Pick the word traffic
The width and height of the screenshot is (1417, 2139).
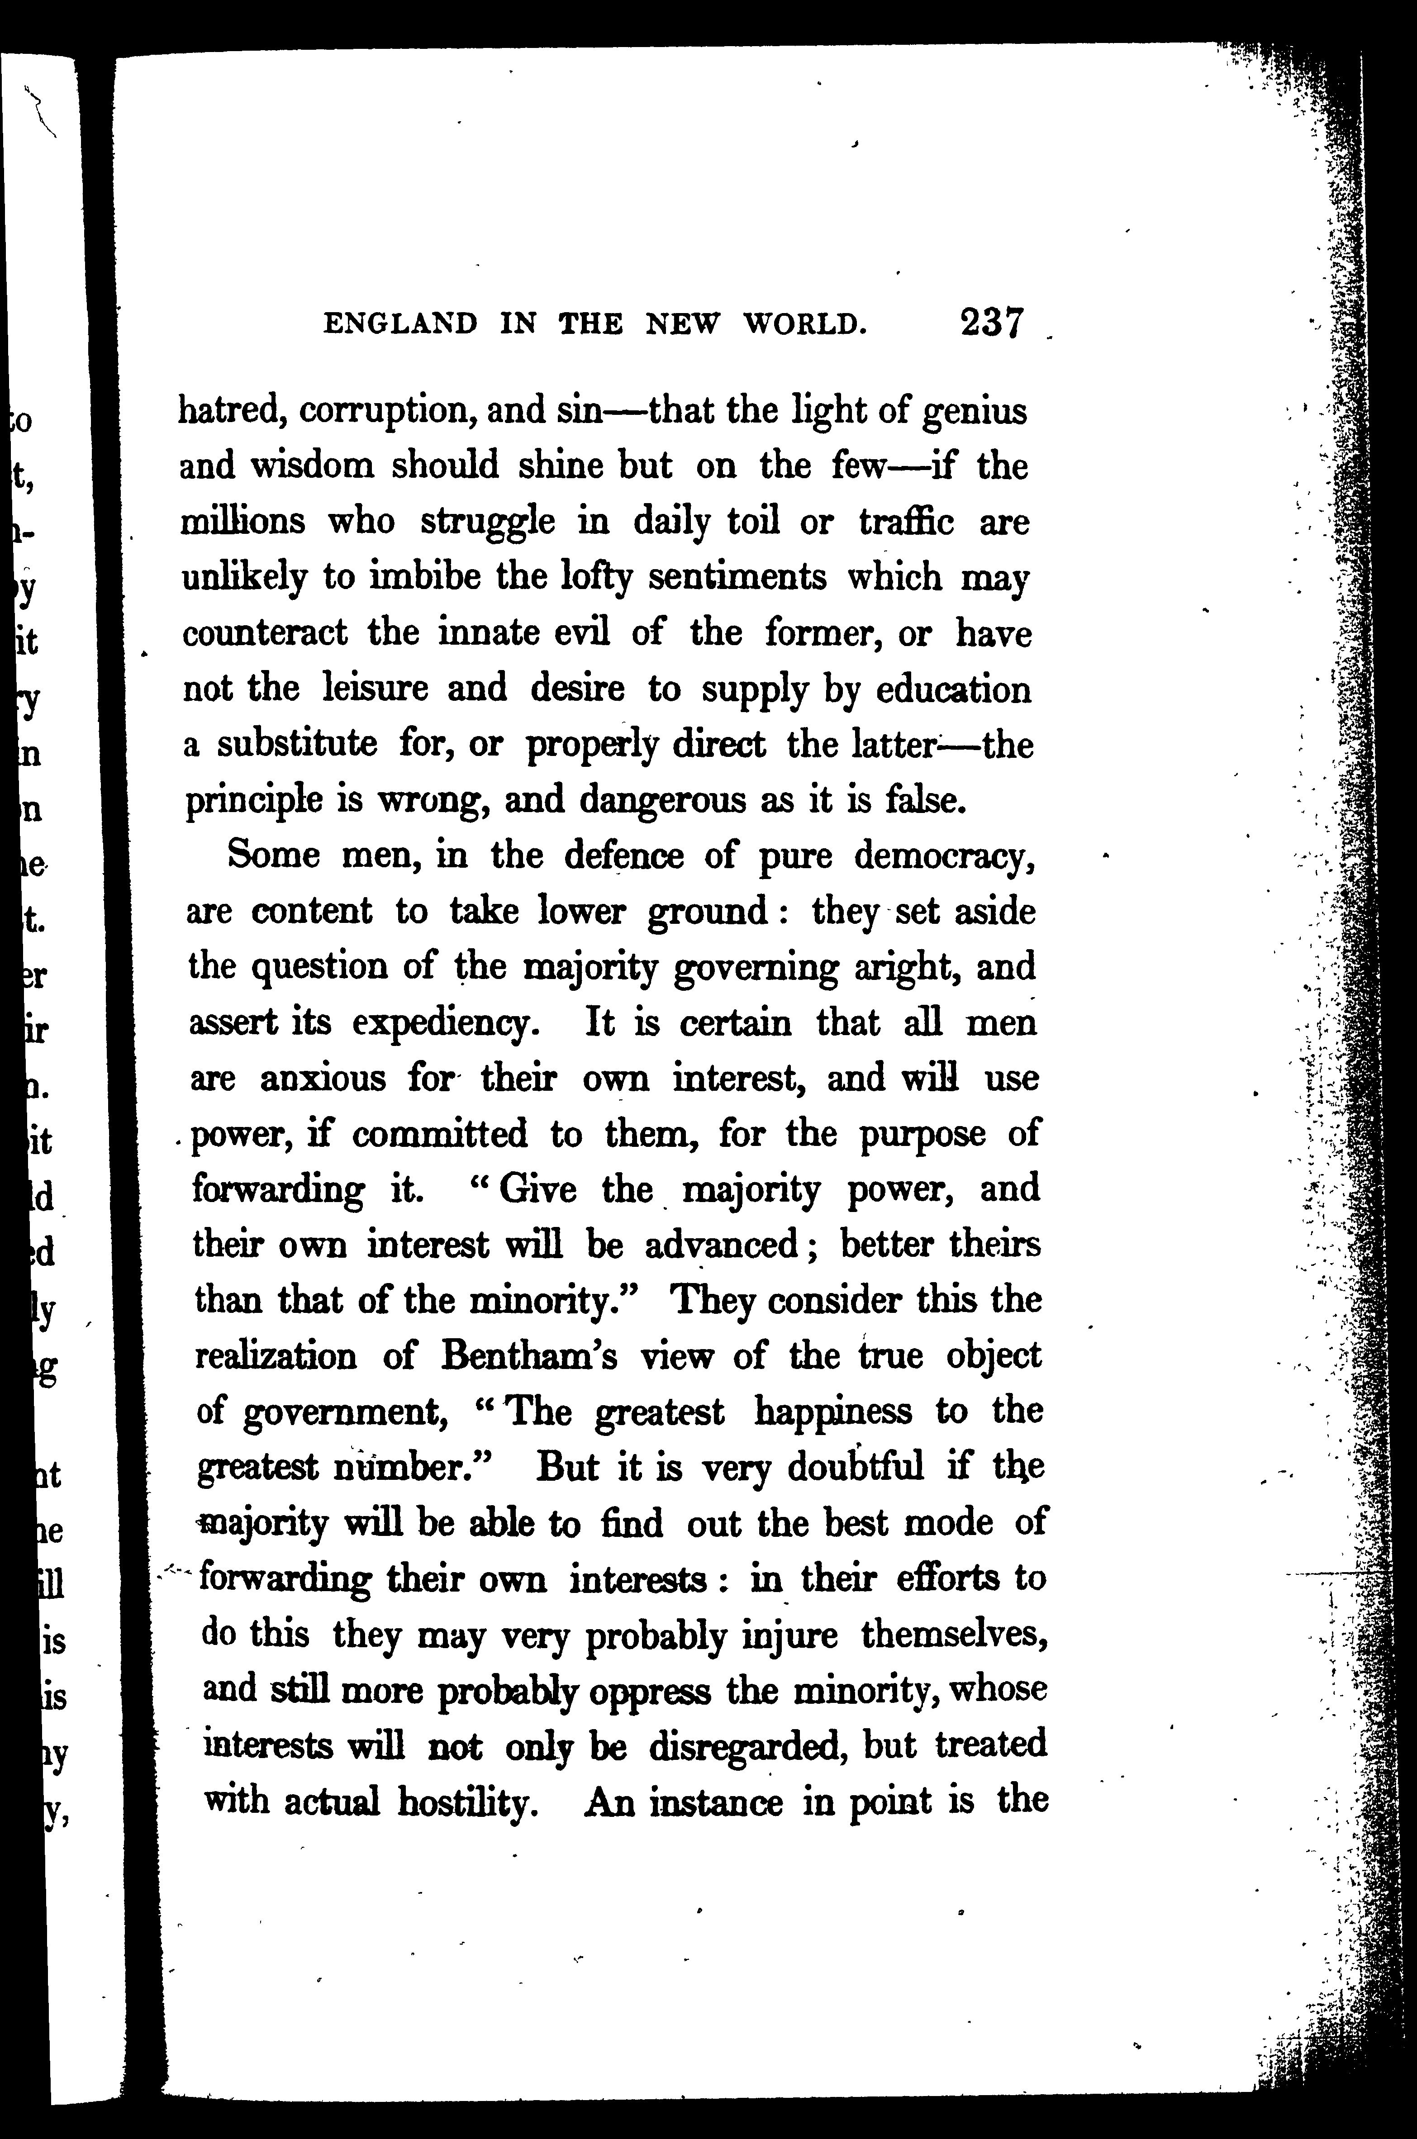point(905,523)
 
